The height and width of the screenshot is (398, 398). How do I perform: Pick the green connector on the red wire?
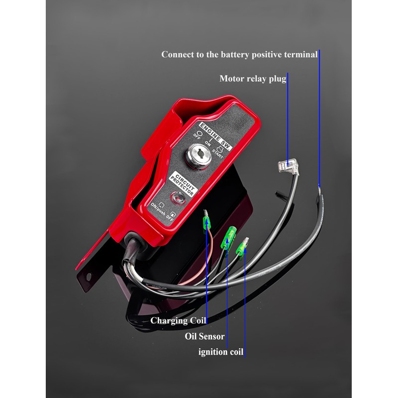coord(204,222)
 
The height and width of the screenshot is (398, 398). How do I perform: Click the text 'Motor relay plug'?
coord(253,79)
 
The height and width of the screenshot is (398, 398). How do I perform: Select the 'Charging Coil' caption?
coord(178,320)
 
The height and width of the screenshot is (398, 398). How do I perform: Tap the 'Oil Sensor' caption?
coord(204,336)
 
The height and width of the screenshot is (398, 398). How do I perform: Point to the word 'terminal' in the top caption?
coord(299,54)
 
